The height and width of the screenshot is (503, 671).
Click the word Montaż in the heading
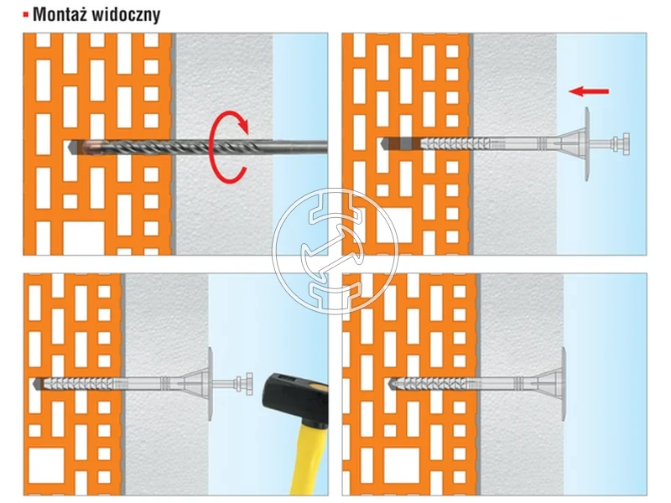pyautogui.click(x=60, y=14)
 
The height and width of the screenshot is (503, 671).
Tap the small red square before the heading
pyautogui.click(x=26, y=15)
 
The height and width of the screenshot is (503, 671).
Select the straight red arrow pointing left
pyautogui.click(x=589, y=91)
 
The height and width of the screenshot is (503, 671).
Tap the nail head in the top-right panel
pyautogui.click(x=622, y=143)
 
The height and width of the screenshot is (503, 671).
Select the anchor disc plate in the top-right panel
pyautogui.click(x=586, y=144)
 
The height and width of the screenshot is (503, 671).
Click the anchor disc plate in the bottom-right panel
pyautogui.click(x=563, y=384)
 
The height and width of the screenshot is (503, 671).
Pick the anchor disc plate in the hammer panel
pyautogui.click(x=211, y=384)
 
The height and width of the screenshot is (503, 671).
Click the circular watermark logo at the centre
pyautogui.click(x=335, y=251)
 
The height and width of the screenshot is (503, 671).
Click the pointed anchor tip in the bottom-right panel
pyautogui.click(x=393, y=384)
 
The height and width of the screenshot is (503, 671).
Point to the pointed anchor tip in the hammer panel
pyautogui.click(x=38, y=384)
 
